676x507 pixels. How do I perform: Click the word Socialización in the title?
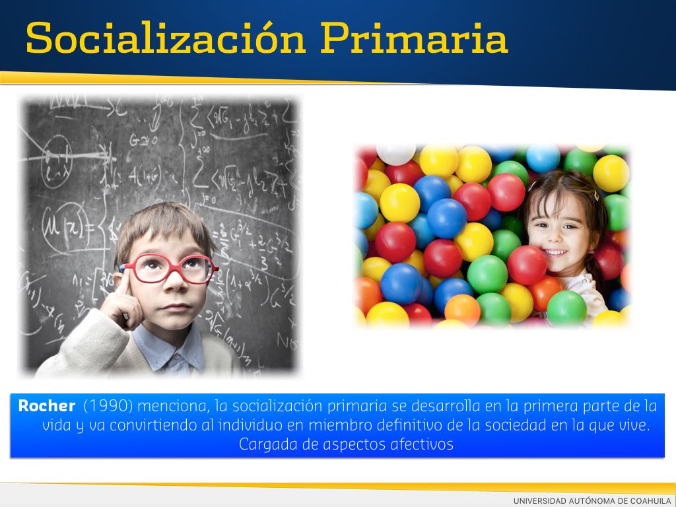coord(166,38)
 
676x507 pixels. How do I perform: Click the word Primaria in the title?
coord(414,38)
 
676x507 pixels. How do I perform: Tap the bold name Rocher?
coord(47,406)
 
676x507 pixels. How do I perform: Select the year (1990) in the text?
coord(108,406)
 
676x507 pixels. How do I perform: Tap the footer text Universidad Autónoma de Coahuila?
coord(592,500)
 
